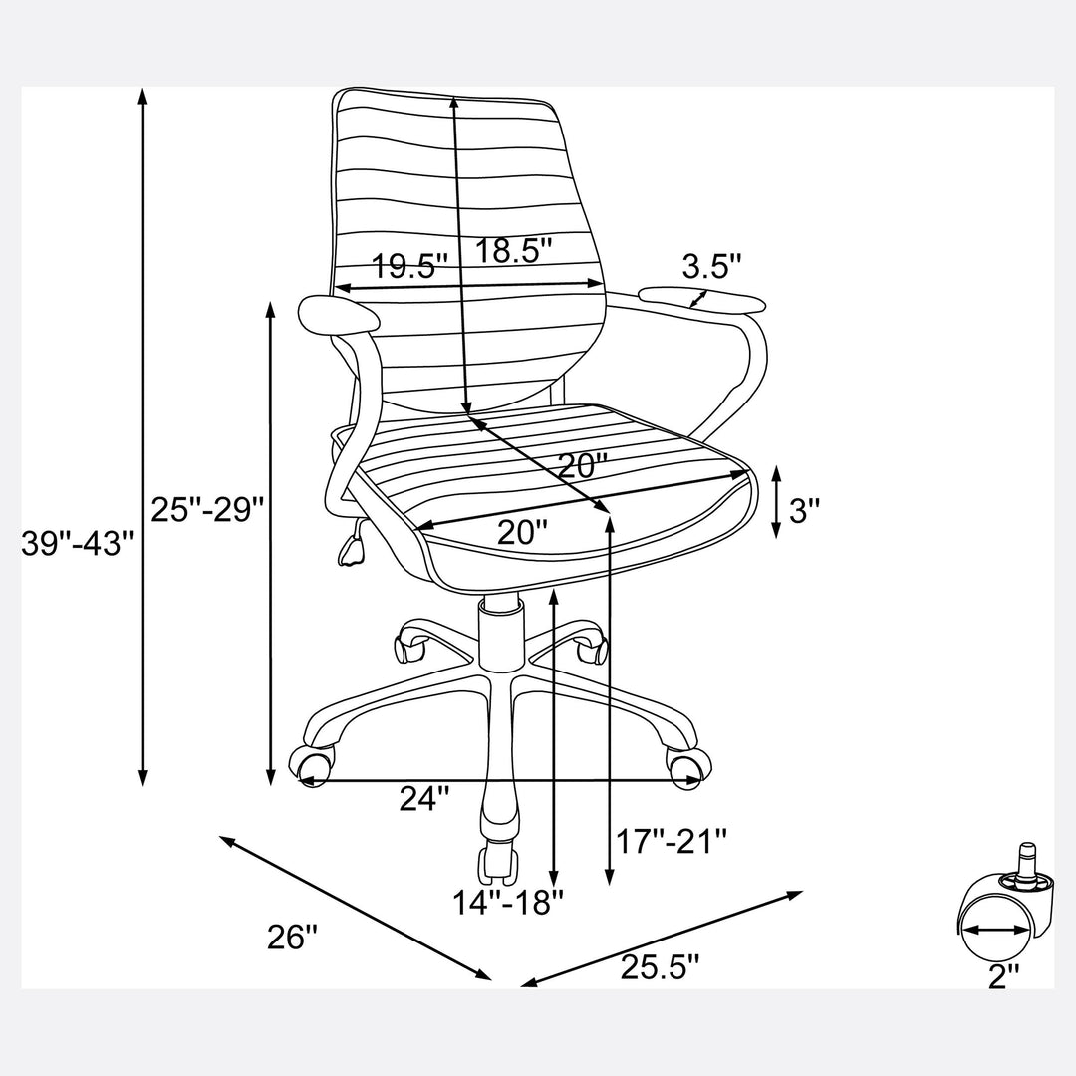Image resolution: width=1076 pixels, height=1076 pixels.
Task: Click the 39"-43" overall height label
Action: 77,543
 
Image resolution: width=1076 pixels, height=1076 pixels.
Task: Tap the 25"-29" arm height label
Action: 207,509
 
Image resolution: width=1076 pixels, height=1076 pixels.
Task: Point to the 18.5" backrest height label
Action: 514,250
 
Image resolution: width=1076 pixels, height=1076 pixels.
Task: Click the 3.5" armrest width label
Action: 712,266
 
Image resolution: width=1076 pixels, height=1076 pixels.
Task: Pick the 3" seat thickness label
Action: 804,510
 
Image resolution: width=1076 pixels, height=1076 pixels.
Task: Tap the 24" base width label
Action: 424,797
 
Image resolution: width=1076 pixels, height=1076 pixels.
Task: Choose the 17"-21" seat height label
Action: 672,840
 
